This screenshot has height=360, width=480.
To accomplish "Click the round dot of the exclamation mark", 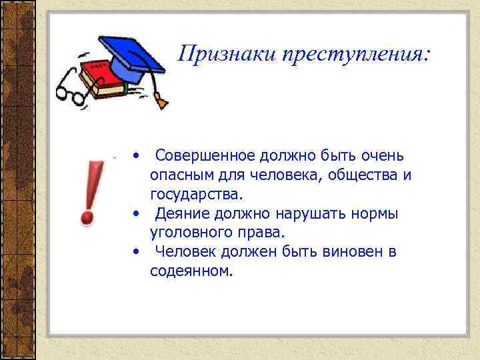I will (86, 216).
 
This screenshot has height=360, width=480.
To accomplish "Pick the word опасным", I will (178, 175).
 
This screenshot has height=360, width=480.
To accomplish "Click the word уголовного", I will (189, 233).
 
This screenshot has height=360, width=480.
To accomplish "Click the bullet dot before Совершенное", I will (136, 157).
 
